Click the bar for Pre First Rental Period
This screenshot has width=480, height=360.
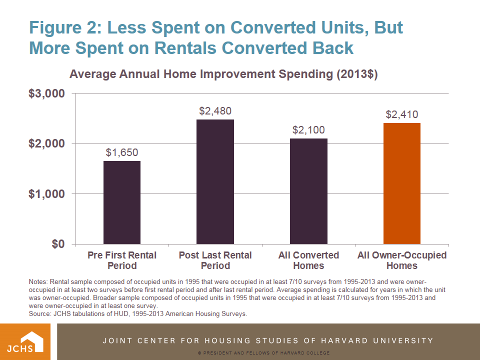pyautogui.click(x=122, y=202)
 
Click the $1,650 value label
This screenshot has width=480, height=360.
pyautogui.click(x=121, y=152)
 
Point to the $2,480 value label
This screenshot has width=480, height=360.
pyautogui.click(x=215, y=111)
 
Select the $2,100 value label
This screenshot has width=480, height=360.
pyautogui.click(x=308, y=130)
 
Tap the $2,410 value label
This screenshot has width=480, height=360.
pyautogui.click(x=401, y=114)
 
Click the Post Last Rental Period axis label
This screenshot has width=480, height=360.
pyautogui.click(x=215, y=260)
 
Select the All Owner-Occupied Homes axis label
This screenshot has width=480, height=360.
pyautogui.click(x=401, y=260)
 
